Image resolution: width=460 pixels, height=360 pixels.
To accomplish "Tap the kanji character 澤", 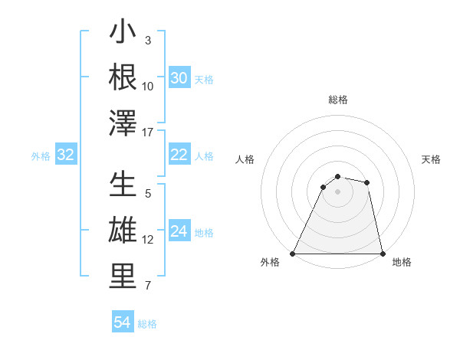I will [123, 123].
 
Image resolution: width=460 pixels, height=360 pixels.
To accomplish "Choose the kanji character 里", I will [123, 276].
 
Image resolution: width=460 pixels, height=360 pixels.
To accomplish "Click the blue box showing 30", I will [179, 77].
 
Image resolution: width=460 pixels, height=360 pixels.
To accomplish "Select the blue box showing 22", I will [179, 155].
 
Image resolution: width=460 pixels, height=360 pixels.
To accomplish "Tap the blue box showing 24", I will [179, 231].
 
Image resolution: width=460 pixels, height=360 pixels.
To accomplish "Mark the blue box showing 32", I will [65, 155].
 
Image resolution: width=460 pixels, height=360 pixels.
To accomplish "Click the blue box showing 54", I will [122, 322].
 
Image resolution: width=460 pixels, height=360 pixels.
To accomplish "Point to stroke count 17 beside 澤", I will [149, 133].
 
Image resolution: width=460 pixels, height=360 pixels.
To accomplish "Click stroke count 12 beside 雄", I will [148, 240].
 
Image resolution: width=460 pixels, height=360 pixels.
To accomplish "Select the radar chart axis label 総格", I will [337, 100].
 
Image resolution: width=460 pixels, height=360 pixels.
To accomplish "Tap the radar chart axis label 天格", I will [432, 159].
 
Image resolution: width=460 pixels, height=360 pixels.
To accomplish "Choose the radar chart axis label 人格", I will [245, 159].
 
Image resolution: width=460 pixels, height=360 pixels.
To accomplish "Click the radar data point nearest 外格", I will [293, 254].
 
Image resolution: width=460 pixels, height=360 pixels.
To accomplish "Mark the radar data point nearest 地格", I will [382, 254].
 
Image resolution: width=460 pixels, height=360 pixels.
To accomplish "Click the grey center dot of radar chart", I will [337, 191].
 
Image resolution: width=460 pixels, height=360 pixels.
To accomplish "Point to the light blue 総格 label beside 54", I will [147, 324].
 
